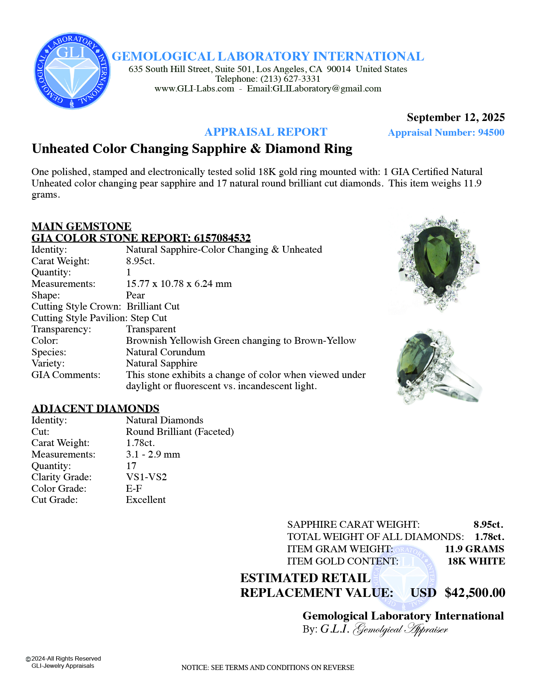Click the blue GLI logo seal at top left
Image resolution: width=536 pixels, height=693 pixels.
coord(72,71)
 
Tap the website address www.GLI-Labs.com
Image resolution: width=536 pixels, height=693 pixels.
coord(194,89)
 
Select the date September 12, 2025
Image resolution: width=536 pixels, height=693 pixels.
coord(455,117)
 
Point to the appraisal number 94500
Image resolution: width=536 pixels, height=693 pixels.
coord(491,132)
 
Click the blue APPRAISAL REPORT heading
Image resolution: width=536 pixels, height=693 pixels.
coord(266,132)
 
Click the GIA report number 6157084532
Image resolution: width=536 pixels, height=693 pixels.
coord(222,238)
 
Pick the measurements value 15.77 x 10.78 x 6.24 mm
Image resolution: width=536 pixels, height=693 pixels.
coord(179,284)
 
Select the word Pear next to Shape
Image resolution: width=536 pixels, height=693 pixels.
coord(135,295)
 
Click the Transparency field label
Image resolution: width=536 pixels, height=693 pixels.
coord(61,329)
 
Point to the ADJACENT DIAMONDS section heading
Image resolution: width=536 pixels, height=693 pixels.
coord(95,409)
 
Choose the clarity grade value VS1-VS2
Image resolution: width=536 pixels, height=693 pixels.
coord(146,477)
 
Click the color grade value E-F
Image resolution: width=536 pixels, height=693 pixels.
coord(134,489)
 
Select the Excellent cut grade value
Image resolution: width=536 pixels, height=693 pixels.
coord(146,500)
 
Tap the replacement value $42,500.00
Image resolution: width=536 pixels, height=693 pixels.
coord(475,593)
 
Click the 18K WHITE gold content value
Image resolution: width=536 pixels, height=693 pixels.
coord(476,561)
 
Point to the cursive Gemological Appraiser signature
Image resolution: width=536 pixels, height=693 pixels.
coord(400,629)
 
